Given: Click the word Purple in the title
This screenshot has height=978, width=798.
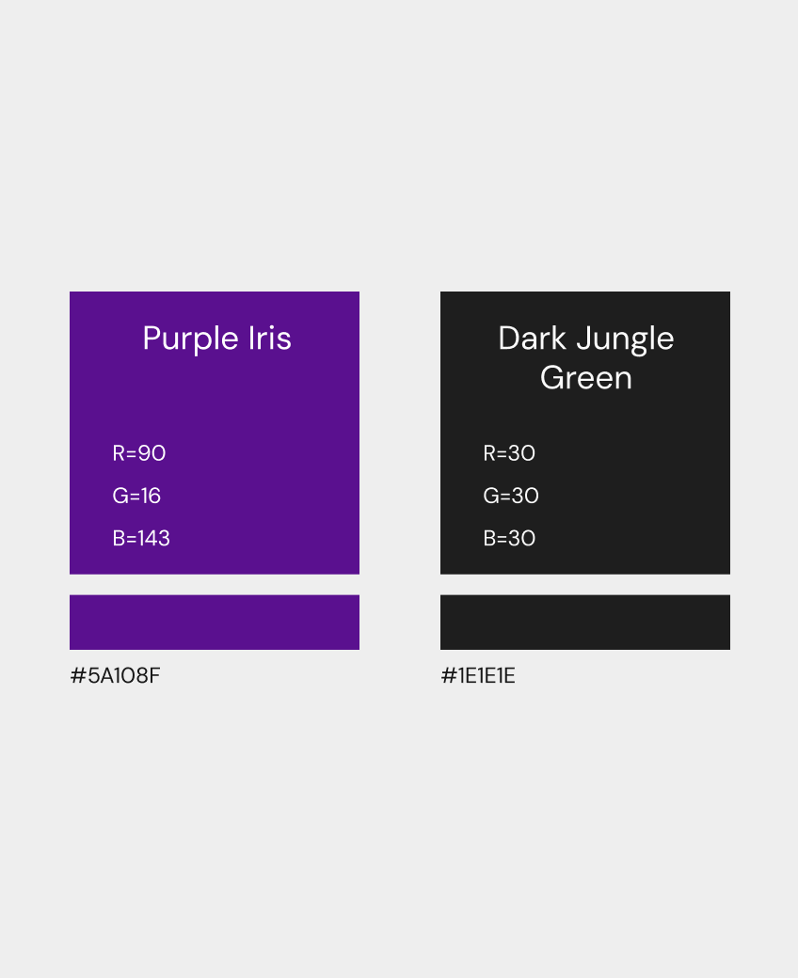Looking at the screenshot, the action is click(x=191, y=339).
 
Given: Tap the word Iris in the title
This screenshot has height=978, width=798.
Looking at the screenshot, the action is click(x=270, y=338).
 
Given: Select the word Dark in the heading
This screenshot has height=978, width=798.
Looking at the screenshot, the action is click(x=533, y=338).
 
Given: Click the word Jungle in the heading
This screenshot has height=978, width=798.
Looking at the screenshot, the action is click(x=625, y=339).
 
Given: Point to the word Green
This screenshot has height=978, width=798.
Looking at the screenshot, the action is click(x=586, y=378).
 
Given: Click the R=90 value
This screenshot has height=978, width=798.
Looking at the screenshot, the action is click(x=139, y=453).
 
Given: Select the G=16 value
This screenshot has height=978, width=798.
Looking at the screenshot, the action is click(x=136, y=496).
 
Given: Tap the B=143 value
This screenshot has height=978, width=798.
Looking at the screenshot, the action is click(x=141, y=538).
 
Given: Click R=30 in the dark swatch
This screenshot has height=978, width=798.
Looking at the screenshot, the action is click(x=509, y=453).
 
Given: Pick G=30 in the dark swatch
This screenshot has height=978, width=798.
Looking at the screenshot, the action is click(x=511, y=496).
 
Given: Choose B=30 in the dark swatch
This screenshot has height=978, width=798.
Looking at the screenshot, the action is click(x=509, y=538).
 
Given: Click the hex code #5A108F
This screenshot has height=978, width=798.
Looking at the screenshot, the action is click(x=115, y=675).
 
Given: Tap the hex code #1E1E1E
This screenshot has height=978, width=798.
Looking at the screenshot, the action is click(x=478, y=675).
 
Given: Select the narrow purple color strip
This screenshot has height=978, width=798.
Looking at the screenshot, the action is click(x=215, y=623).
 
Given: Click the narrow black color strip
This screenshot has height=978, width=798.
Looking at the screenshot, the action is click(x=585, y=623).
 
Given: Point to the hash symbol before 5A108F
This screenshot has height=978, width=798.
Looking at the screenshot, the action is click(x=77, y=675).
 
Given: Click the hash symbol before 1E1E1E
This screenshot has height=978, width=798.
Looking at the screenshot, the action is click(x=448, y=675).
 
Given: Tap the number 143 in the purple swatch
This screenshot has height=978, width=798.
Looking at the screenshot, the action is click(x=154, y=538).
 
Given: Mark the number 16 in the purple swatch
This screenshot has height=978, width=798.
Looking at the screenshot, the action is click(x=151, y=496).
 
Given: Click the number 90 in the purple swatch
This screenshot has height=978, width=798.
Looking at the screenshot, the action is click(x=152, y=453).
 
